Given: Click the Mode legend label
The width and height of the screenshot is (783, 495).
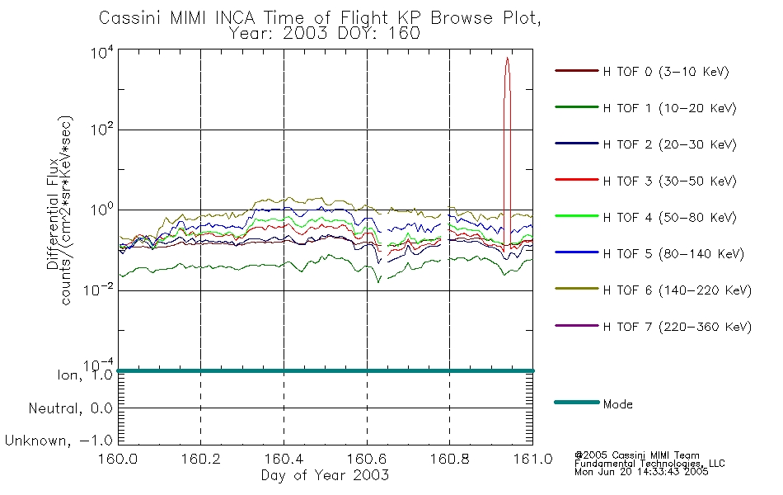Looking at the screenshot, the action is click(x=617, y=404).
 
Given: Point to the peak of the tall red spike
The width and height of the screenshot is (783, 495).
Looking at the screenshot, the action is click(x=507, y=58).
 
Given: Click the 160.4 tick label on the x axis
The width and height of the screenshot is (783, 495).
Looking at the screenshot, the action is click(x=284, y=459).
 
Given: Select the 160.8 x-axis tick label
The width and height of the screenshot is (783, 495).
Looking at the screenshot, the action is click(x=449, y=459).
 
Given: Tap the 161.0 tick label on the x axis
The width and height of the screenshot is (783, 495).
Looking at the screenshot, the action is click(x=532, y=459).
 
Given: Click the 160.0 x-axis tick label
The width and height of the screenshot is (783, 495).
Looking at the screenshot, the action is click(x=118, y=459).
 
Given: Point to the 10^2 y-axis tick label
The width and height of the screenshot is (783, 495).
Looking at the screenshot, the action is click(x=102, y=129).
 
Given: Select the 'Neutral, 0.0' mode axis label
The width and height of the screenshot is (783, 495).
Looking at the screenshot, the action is click(x=70, y=408).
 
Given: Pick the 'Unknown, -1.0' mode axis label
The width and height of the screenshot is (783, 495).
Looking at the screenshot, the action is click(x=59, y=441).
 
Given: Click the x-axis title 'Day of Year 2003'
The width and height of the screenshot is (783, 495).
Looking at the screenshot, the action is click(x=325, y=475).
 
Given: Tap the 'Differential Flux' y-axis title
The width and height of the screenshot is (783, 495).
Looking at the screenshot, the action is click(x=53, y=214).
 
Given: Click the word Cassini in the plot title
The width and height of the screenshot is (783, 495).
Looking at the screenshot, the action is click(x=131, y=18).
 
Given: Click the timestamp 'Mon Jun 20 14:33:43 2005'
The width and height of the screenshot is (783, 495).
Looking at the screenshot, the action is click(x=641, y=472).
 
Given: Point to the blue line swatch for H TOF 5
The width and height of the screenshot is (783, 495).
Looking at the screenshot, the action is click(x=577, y=252).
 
